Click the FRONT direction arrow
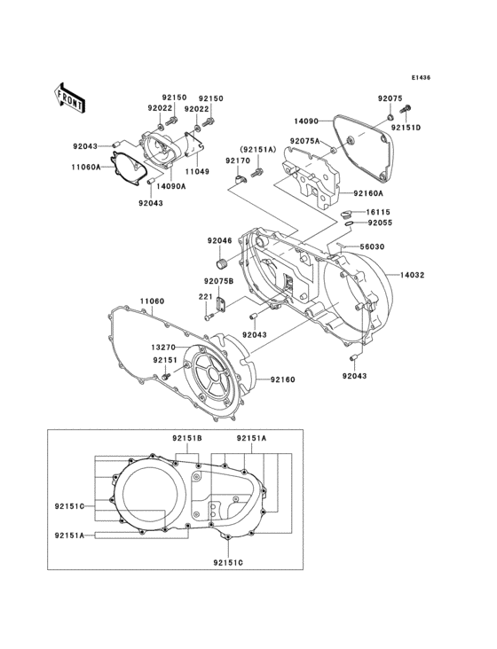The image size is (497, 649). click(69, 98)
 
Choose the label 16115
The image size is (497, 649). click(379, 213)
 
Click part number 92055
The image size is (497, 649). click(379, 224)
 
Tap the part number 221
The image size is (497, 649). click(204, 297)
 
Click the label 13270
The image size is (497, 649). click(162, 347)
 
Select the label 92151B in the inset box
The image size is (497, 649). click(187, 439)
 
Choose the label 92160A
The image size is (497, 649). click(368, 192)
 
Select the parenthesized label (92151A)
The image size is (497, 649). click(256, 149)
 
